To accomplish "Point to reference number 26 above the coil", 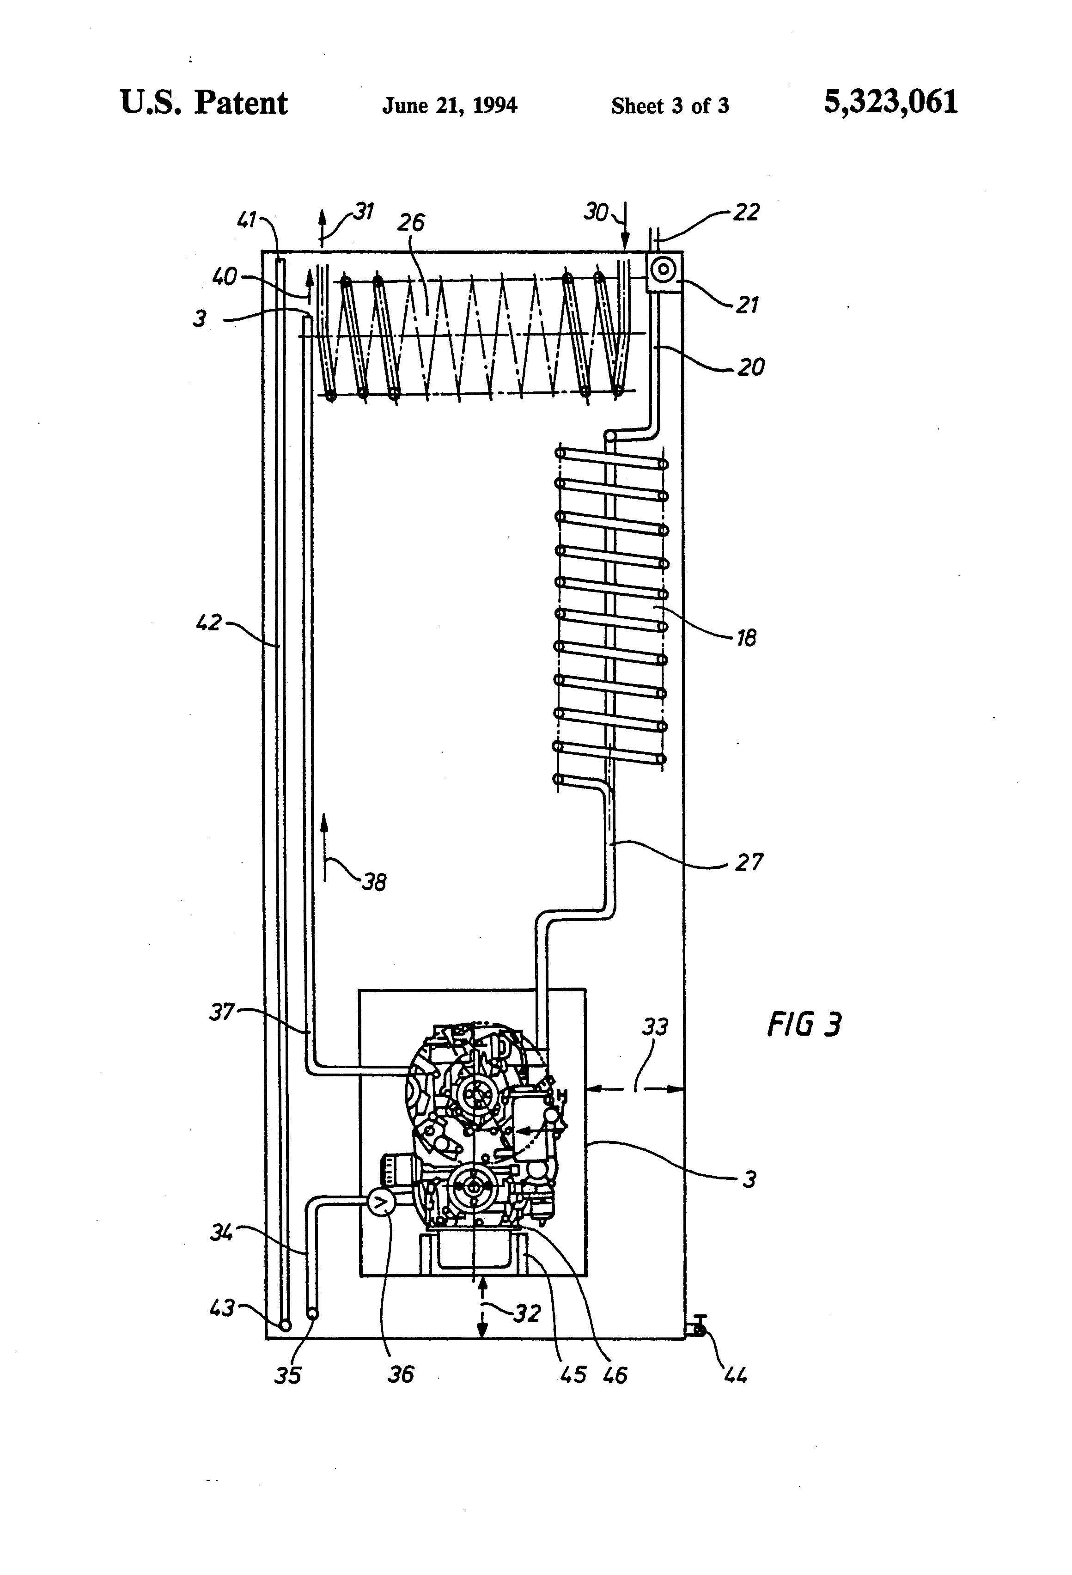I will pos(411,222).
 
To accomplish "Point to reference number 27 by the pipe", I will pos(749,862).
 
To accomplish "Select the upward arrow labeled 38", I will pos(324,847).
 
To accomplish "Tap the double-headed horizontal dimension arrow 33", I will pos(634,1089).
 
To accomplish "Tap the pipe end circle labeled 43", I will pos(285,1324).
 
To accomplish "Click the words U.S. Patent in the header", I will pos(203,103).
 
